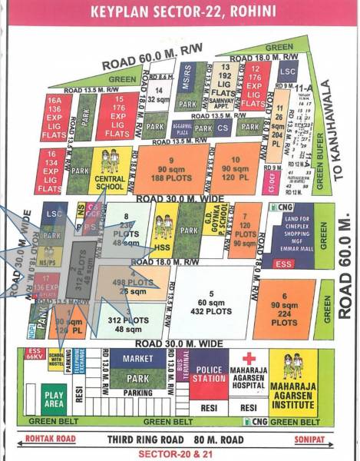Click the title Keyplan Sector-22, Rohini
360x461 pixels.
pyautogui.click(x=180, y=12)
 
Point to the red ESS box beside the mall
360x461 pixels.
pyautogui.click(x=282, y=263)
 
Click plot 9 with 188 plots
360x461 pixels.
pyautogui.click(x=173, y=170)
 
